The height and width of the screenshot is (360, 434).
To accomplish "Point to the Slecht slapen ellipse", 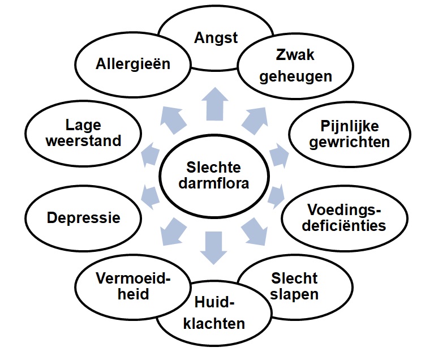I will click(293, 288).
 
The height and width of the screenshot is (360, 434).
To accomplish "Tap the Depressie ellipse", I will click(84, 217).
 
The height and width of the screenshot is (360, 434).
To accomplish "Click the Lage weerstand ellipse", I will click(84, 134).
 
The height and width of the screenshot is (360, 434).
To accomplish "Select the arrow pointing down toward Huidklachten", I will click(216, 247).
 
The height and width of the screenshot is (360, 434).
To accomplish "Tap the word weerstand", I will click(84, 142).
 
